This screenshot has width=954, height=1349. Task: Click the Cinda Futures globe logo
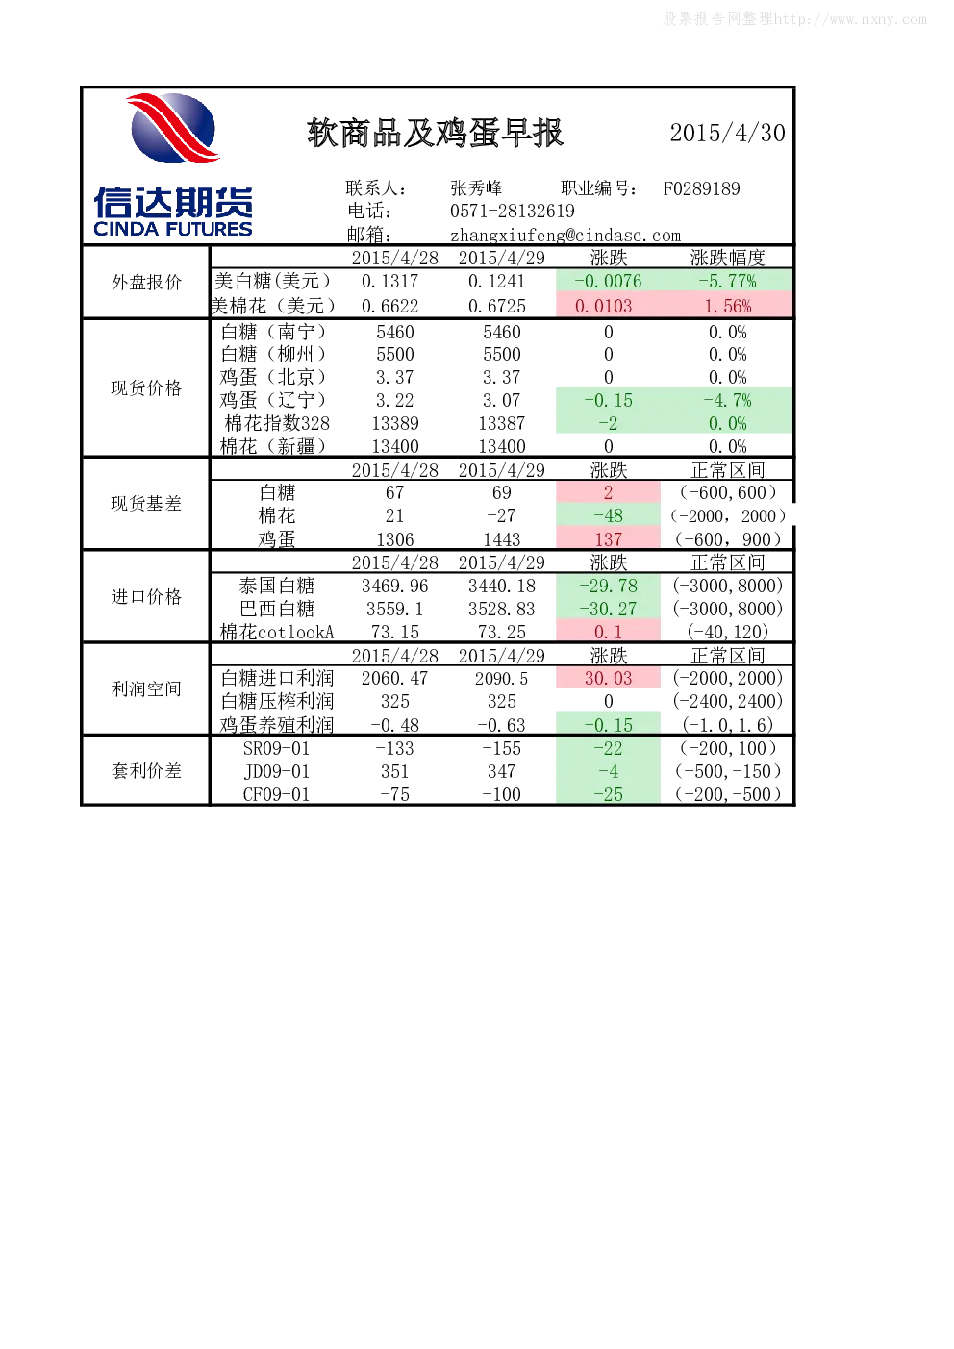click(x=173, y=128)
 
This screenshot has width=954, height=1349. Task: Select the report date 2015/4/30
click(x=727, y=133)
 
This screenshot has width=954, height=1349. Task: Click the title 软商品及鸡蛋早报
click(x=435, y=133)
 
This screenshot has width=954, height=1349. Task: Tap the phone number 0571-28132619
click(x=512, y=211)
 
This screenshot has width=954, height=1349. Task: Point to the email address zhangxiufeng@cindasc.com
click(x=565, y=235)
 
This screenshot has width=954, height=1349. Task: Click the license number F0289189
click(x=701, y=188)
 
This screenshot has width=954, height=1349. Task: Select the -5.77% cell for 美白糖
click(x=727, y=281)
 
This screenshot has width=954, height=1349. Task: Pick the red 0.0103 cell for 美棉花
click(x=609, y=306)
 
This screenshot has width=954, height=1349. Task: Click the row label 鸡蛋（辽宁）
click(x=273, y=400)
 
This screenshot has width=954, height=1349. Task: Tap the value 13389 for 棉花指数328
click(x=395, y=423)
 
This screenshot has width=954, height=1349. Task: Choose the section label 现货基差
click(x=146, y=503)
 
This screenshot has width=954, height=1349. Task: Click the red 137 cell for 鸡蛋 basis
click(x=609, y=539)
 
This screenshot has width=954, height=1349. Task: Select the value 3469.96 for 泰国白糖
click(x=395, y=586)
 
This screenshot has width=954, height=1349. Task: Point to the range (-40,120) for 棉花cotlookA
click(x=728, y=631)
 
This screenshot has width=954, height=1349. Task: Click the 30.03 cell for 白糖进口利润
click(x=609, y=678)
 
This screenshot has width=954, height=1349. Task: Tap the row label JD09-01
click(x=276, y=771)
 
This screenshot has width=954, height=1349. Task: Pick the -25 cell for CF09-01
click(x=609, y=794)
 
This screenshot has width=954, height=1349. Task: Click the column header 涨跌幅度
click(x=728, y=258)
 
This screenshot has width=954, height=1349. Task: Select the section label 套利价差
click(x=146, y=770)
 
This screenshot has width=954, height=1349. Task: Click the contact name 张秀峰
click(x=476, y=188)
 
